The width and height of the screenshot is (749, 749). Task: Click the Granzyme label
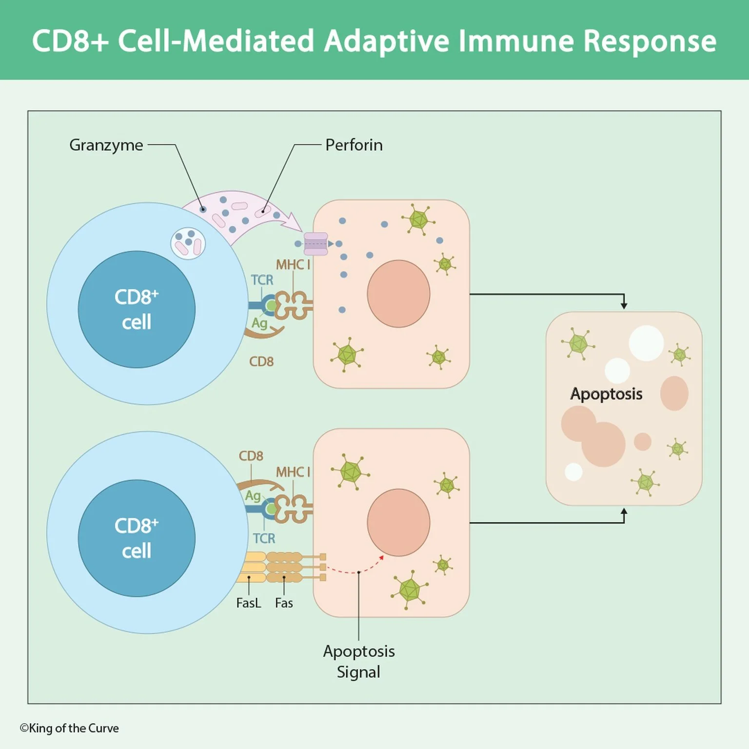click(x=106, y=145)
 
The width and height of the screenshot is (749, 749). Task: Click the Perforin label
click(x=354, y=145)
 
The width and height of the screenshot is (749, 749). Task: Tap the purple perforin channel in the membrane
click(x=315, y=244)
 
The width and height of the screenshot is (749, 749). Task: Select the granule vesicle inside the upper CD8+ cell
click(x=188, y=243)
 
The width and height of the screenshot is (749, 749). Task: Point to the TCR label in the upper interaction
click(x=262, y=280)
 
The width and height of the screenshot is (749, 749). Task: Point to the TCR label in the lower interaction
click(x=264, y=538)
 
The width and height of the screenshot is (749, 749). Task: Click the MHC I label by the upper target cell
click(x=293, y=265)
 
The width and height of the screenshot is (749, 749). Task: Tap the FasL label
click(x=248, y=603)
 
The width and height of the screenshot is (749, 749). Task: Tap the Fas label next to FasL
click(x=284, y=603)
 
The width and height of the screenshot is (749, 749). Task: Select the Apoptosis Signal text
click(x=358, y=661)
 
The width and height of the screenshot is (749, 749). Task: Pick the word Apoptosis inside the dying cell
click(x=606, y=394)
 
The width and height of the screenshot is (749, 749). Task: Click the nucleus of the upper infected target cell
click(x=398, y=294)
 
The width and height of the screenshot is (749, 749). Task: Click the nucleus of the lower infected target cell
click(x=398, y=522)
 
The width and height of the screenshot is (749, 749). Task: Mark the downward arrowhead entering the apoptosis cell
click(x=624, y=305)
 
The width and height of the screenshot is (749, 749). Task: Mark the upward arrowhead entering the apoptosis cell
click(x=624, y=512)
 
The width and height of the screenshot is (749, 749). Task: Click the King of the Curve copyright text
click(x=69, y=728)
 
